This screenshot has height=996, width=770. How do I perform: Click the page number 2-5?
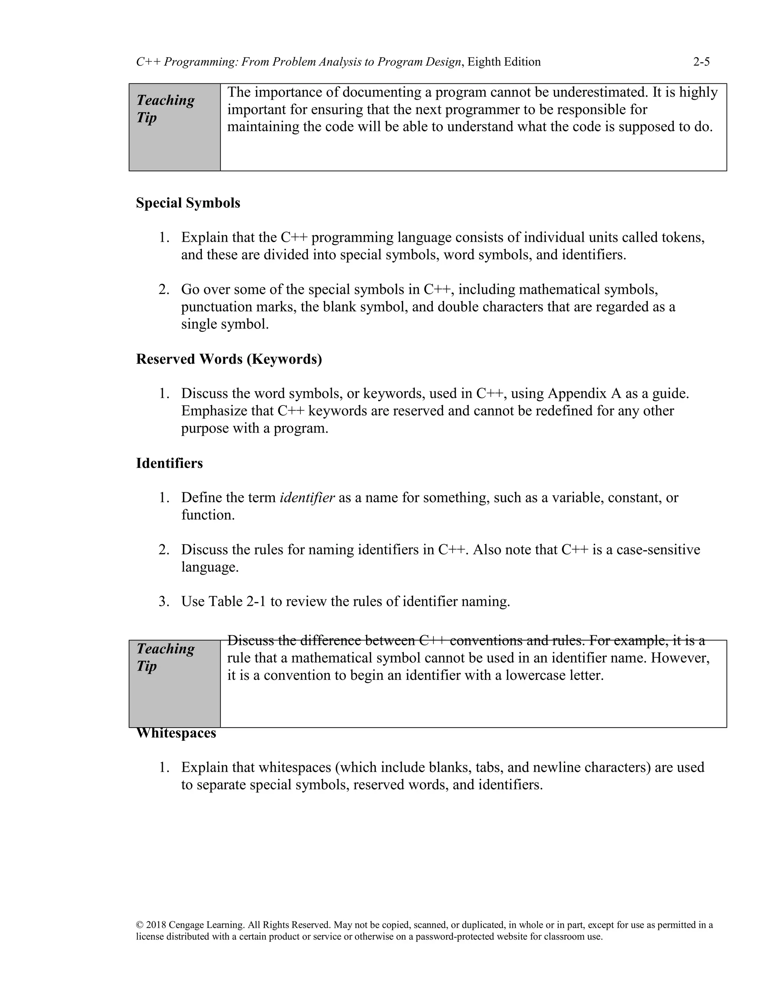701,62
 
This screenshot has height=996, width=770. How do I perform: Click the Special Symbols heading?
188,203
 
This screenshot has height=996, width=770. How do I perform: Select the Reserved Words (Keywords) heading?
229,359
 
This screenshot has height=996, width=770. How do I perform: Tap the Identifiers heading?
169,463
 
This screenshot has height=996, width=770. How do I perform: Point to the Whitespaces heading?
176,733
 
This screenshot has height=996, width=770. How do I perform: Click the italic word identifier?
307,498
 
